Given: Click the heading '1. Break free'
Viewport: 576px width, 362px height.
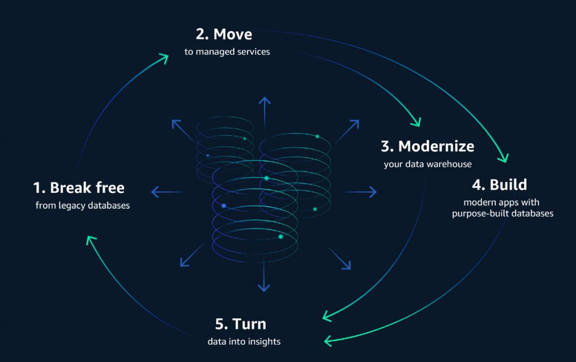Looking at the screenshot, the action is [79, 188].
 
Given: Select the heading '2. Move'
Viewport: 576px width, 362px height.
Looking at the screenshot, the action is [223, 34].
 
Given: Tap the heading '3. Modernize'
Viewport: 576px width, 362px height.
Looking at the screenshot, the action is [427, 146].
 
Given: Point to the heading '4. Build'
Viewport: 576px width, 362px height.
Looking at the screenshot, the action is [499, 184].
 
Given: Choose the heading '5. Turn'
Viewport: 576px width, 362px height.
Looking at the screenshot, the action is [241, 324].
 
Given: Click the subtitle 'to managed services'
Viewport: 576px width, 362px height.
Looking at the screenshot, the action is [227, 52].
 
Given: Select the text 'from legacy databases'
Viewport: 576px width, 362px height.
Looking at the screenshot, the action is [83, 205].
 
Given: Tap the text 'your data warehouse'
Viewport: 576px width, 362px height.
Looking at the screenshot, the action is [428, 164].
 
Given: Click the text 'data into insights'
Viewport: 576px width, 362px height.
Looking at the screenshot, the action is [244, 341].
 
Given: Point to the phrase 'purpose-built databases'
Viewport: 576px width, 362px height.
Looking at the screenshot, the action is [502, 214].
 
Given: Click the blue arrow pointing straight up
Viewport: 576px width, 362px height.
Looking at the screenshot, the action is [265, 113].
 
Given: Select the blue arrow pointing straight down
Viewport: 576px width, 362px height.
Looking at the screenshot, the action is [264, 275].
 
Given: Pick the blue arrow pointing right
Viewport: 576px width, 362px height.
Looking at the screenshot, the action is [359, 191].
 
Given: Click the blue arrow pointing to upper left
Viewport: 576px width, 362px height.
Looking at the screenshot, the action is [183, 131].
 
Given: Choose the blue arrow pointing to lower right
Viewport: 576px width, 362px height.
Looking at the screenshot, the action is [339, 258].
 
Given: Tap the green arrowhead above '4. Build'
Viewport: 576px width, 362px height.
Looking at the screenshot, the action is [503, 158].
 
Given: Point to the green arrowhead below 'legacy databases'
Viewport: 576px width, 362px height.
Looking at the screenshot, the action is [91, 240].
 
